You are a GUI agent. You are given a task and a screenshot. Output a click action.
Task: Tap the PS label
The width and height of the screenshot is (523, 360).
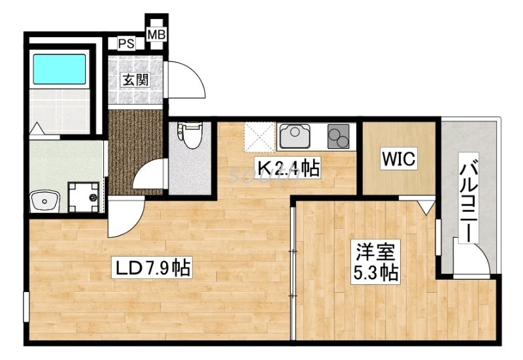click(126, 44)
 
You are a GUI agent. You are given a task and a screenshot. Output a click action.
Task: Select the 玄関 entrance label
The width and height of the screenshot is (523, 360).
click(135, 80)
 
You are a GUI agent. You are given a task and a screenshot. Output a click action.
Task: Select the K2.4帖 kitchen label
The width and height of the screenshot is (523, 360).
click(288, 169)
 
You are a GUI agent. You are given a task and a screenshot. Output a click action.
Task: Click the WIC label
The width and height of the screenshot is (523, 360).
click(399, 159)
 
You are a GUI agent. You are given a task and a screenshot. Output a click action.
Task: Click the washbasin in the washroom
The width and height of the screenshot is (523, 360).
click(45, 200)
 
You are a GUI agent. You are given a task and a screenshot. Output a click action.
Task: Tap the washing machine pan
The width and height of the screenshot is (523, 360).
click(86, 196)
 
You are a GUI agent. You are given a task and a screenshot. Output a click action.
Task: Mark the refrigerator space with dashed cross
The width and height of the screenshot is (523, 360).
click(260, 137)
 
